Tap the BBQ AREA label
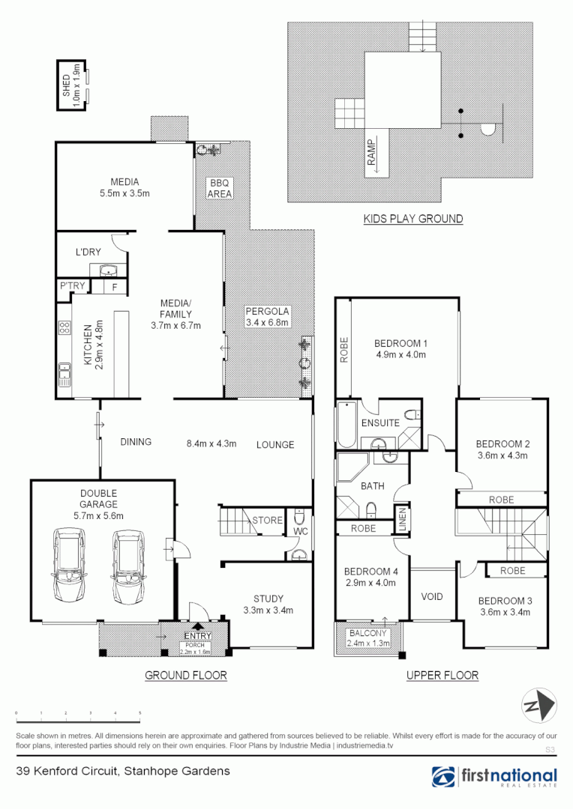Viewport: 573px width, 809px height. coord(220,188)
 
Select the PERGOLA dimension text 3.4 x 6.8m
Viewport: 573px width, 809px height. coord(267,323)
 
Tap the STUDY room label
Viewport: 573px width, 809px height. coord(268,599)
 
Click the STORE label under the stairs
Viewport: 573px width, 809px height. coord(268,520)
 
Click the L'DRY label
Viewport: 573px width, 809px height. coord(88,252)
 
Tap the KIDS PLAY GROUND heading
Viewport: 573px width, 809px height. coord(412,219)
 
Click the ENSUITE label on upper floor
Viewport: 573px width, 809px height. coord(379,422)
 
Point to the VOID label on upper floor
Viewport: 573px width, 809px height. coord(432,597)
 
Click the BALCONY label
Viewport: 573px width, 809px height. coord(367,633)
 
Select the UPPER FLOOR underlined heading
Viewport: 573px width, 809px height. coord(442,675)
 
